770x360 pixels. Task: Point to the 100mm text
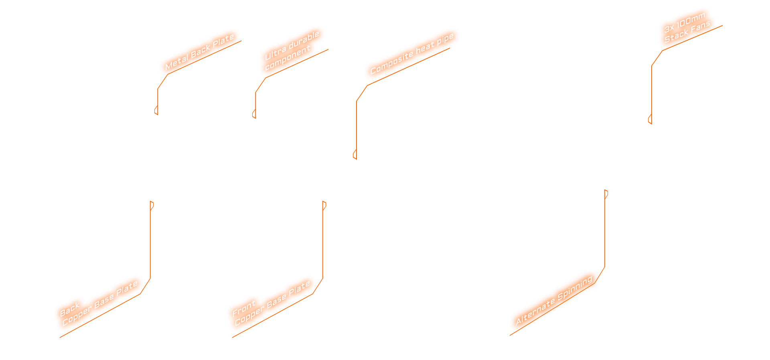[691, 20]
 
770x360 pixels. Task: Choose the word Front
[243, 308]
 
